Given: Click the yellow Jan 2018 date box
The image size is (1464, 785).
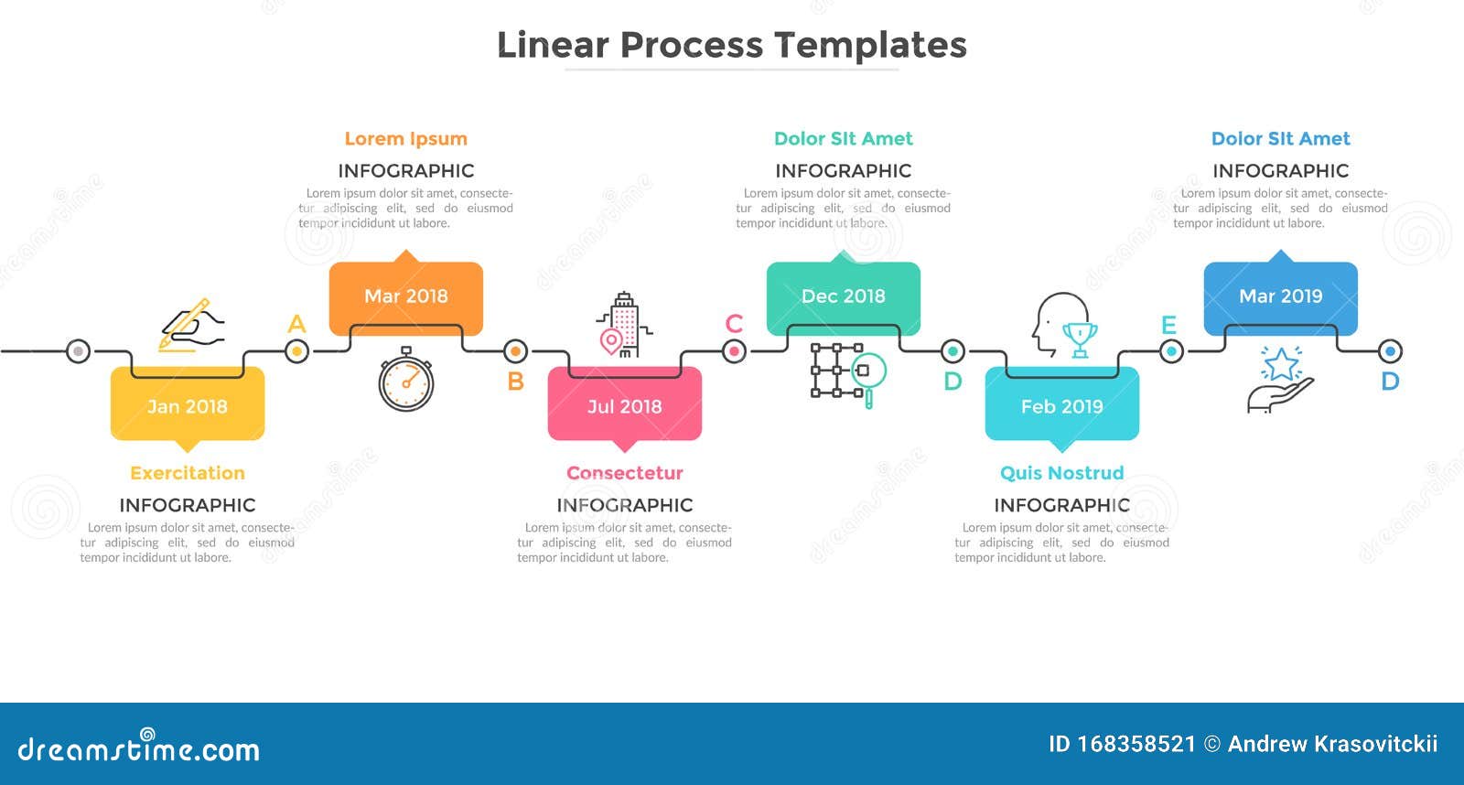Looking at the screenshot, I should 188,406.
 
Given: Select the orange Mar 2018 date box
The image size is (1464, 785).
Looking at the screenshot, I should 405,296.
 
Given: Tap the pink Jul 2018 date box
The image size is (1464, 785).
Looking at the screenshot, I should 624,406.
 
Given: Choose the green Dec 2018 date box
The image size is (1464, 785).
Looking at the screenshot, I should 843,296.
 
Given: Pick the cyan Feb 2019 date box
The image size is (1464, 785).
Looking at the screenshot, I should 1061,406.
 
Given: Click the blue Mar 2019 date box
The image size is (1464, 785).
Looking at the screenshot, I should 1280,296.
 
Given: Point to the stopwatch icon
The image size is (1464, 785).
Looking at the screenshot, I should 406,380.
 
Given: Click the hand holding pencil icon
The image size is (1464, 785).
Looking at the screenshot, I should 191,325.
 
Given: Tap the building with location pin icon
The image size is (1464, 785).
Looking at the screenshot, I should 624,326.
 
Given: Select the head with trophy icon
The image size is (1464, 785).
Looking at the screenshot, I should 1064,326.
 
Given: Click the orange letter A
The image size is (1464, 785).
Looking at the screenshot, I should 296,324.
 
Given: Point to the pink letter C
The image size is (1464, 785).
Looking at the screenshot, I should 734,324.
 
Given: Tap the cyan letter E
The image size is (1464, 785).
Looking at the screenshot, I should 1168,325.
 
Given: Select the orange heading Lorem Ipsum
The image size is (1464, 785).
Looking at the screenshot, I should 405,139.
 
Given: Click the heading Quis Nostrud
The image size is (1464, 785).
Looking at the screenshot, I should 1061,473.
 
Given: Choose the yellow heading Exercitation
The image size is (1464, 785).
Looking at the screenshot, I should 188,473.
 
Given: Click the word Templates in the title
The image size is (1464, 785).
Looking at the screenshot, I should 870,46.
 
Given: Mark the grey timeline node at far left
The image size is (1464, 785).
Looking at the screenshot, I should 79,350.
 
